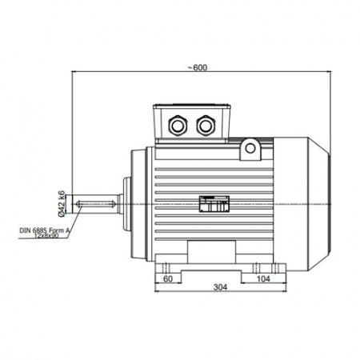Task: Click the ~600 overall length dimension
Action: (x=198, y=68)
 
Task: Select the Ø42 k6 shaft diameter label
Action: (x=62, y=204)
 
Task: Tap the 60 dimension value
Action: (x=168, y=279)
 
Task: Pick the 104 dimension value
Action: (x=263, y=279)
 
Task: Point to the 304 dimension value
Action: (x=220, y=287)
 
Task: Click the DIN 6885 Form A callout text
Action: (x=44, y=230)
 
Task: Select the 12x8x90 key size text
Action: (x=46, y=235)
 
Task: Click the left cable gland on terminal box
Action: (x=178, y=126)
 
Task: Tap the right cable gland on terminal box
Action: (x=206, y=126)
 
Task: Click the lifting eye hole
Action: (x=250, y=148)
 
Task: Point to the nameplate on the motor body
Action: (x=214, y=204)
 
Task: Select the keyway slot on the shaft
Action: (x=96, y=204)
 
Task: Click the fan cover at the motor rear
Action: (x=302, y=204)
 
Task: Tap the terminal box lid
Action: (x=192, y=106)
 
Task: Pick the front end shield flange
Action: (x=138, y=204)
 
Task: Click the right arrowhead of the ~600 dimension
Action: (x=330, y=71)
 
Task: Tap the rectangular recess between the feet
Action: (x=211, y=252)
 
